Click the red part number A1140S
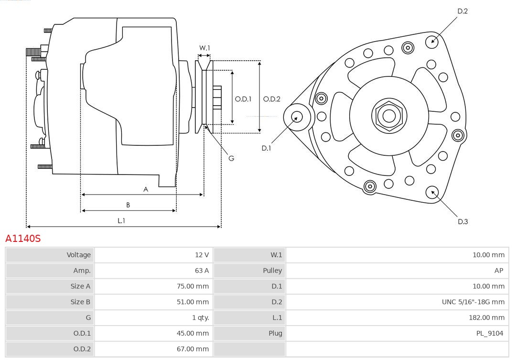[x=23, y=239]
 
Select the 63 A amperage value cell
[x=202, y=271]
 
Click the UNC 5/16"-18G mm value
[x=473, y=302]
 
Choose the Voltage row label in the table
[x=78, y=255]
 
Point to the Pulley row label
[x=272, y=271]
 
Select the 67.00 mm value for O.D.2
[x=193, y=349]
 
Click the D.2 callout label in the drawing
[x=462, y=11]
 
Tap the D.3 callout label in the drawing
[x=462, y=221]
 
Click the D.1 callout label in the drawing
[x=266, y=148]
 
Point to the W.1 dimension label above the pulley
[x=204, y=48]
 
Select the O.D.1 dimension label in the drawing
[x=243, y=99]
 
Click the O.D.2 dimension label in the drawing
[x=272, y=99]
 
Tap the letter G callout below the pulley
[x=231, y=158]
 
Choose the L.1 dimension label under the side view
[x=121, y=220]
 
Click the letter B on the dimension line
[x=128, y=205]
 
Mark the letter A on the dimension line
[x=146, y=189]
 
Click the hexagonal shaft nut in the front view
[x=389, y=116]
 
